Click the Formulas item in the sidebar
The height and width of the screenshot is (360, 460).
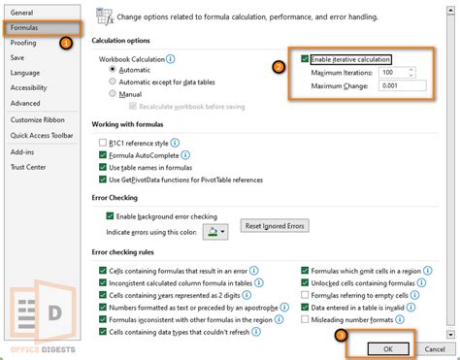click(25, 28)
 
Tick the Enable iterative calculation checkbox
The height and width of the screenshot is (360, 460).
click(306, 58)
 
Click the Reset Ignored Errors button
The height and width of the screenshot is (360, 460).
click(276, 225)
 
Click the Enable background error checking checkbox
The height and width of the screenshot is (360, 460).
click(109, 215)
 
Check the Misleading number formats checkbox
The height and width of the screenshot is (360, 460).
click(306, 318)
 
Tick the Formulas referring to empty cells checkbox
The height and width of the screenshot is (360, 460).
click(306, 293)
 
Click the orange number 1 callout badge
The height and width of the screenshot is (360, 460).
click(66, 43)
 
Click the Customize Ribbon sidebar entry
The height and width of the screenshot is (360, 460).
click(39, 119)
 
